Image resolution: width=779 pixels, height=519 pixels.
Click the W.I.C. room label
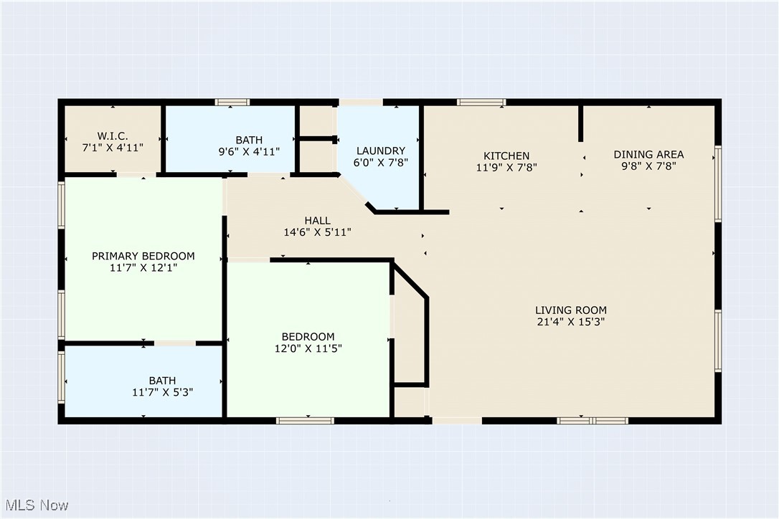tap(113, 135)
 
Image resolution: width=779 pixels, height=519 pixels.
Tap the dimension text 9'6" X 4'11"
tap(249, 151)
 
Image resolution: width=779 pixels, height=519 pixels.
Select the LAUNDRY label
tap(381, 151)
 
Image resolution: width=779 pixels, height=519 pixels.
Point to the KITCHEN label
tap(506, 156)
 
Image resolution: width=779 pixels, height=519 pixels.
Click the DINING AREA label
tap(648, 154)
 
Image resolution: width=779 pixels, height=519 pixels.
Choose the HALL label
tap(318, 220)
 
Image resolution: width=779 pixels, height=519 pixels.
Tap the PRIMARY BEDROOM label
tap(143, 256)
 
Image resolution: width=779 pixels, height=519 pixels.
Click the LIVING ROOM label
tap(571, 310)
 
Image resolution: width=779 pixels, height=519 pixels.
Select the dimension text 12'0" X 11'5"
tap(308, 348)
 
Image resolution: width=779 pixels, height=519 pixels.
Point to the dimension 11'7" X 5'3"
tap(162, 392)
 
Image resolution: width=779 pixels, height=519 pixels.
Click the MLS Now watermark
tap(37, 505)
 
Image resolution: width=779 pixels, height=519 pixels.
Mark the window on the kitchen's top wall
tap(481, 103)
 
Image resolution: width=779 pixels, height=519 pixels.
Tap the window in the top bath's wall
tap(232, 103)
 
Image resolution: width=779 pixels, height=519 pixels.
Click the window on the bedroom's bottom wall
tap(305, 421)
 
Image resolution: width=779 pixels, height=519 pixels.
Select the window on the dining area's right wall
tap(717, 184)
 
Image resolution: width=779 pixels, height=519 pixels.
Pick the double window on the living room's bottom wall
tap(592, 421)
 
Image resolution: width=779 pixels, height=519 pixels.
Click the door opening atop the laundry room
tap(361, 103)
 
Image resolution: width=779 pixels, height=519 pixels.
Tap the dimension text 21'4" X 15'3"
tap(571, 322)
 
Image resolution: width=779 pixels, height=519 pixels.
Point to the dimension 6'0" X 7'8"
tap(381, 163)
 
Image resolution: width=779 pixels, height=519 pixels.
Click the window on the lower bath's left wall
tap(61, 378)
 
